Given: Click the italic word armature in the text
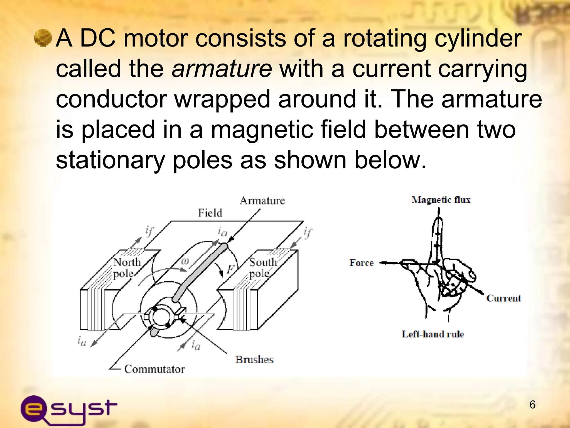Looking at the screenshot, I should tap(222, 69).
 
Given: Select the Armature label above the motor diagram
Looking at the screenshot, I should tap(262, 200).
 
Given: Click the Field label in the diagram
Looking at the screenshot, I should tap(210, 213).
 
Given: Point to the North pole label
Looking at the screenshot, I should tap(127, 268).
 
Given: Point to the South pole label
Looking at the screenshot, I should tap(262, 268).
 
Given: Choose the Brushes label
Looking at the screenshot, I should tap(254, 359).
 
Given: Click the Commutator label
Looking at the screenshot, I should tap(154, 369).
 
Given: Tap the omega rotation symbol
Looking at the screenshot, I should tap(185, 261).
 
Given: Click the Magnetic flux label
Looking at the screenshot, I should tap(441, 200).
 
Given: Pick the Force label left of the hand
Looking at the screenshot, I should tap(362, 263).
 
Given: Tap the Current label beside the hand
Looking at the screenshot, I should tap(503, 298).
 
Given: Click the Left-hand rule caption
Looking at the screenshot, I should tap(433, 334).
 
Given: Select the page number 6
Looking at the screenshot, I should tap(532, 405).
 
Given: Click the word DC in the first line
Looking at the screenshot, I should tap(98, 38).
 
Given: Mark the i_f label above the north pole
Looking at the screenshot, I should tap(149, 231).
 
